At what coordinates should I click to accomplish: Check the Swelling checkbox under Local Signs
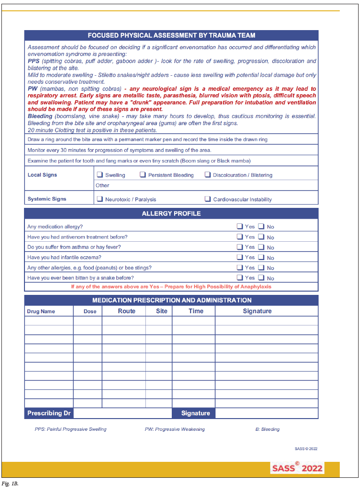pos(100,175)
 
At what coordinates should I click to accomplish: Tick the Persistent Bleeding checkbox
pos(143,175)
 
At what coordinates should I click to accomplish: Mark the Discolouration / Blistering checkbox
pos(208,175)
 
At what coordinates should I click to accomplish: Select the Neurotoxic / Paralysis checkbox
pos(100,199)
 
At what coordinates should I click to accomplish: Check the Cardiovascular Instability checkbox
pos(208,199)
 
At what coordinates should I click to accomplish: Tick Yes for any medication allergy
pos(240,226)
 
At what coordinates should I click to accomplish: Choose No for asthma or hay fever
pos(261,247)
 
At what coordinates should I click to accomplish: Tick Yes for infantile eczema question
pos(240,257)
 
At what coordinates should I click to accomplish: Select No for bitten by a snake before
pos(261,278)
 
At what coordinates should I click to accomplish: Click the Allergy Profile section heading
pos(171,214)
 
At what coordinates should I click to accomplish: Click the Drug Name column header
pos(41,311)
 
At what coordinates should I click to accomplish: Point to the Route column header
pos(127,311)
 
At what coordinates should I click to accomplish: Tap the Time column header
pos(196,311)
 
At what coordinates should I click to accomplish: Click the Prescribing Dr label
pos(49,413)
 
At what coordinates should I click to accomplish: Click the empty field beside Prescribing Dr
pos(122,413)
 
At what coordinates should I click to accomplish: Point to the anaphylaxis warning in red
pos(171,286)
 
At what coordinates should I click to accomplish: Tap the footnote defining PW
pos(175,429)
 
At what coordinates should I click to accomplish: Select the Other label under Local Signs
pos(103,185)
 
